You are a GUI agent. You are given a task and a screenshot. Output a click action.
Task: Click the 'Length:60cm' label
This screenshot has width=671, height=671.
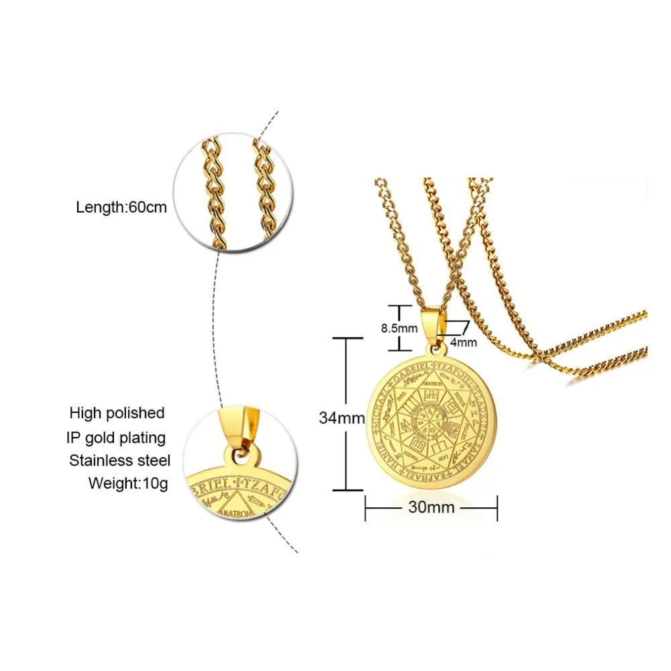pos(121,207)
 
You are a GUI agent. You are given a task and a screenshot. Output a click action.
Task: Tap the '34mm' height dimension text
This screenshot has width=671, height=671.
pos(338,417)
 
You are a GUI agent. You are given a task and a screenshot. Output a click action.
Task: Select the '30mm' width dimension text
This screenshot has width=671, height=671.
pos(431,507)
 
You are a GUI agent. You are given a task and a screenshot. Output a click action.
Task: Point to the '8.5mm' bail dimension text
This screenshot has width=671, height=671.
pos(399,328)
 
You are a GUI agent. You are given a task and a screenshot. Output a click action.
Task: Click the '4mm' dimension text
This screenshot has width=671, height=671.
pos(463,342)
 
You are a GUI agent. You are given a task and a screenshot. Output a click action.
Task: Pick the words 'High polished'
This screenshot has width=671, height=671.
pos(117,413)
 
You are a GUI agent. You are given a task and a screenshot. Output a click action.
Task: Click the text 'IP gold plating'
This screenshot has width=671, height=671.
pos(115,437)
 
